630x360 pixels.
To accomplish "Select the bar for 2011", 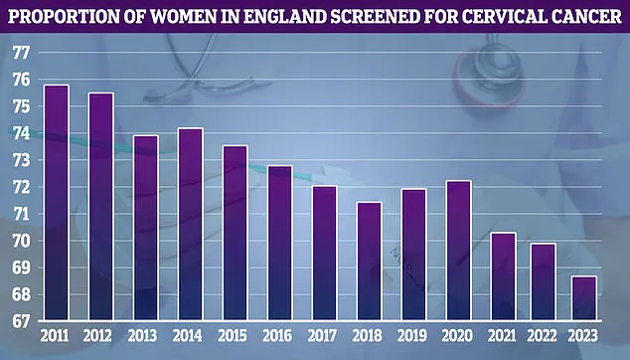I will coord(57,203).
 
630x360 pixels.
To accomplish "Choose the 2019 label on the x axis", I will coord(413,338).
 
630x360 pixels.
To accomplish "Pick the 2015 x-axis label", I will coord(235,338).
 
